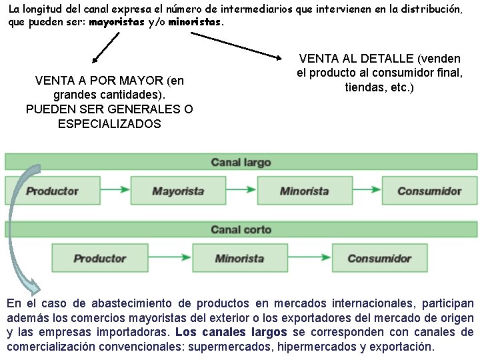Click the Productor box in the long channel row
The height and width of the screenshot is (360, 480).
53,191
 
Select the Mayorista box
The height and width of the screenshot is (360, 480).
178,191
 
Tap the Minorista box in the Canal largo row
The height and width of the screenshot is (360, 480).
304,191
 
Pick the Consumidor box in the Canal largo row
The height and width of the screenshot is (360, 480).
429,191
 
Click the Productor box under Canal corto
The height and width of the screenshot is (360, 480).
100,258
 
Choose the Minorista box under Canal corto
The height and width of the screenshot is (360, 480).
239,258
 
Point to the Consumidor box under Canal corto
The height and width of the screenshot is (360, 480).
379,258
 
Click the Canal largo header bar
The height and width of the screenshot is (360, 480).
241,162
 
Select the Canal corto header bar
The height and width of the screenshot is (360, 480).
241,229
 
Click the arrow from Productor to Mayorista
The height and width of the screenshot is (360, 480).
115,191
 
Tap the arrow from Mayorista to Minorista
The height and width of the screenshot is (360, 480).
241,191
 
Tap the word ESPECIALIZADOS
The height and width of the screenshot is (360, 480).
109,124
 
